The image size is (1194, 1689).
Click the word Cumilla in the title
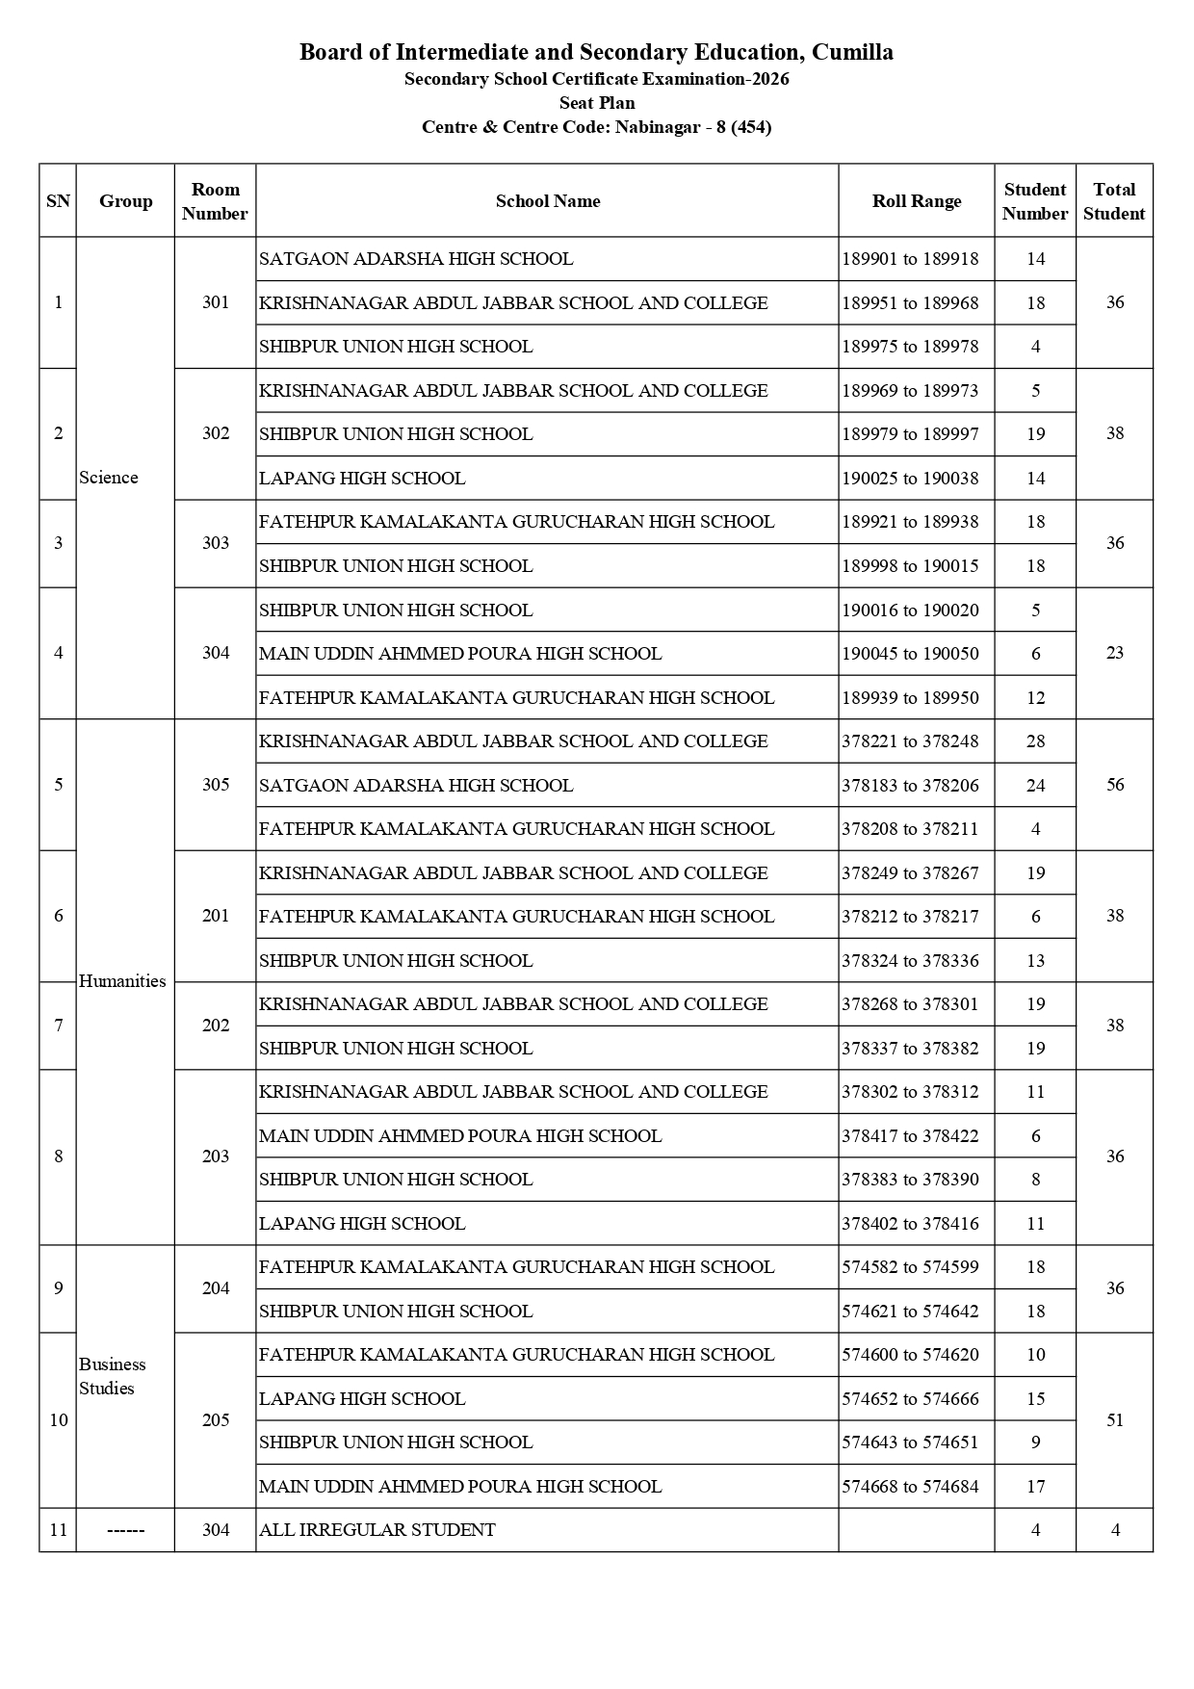click(x=852, y=52)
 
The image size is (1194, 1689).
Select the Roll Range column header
click(x=916, y=201)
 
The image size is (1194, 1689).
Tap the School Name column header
click(x=547, y=201)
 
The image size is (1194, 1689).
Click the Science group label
click(x=109, y=478)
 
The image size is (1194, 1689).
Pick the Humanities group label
click(x=122, y=981)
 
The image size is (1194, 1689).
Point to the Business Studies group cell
click(x=112, y=1376)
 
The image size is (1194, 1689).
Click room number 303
click(x=216, y=543)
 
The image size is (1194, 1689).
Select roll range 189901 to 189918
click(x=910, y=259)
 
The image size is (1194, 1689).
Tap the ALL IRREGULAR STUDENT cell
click(x=377, y=1530)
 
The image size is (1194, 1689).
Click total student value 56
click(x=1115, y=785)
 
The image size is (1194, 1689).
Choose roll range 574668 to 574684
click(x=910, y=1487)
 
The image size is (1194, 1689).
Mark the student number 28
click(x=1035, y=741)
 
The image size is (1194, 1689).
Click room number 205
click(x=216, y=1420)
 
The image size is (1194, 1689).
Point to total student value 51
click(x=1115, y=1420)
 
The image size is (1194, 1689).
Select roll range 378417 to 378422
click(x=910, y=1136)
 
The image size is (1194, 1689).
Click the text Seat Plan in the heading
click(x=597, y=103)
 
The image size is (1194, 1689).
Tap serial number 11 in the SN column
click(x=59, y=1530)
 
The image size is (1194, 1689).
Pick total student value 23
click(x=1115, y=653)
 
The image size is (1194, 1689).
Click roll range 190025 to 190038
click(x=910, y=479)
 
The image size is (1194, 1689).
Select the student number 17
click(x=1035, y=1487)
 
